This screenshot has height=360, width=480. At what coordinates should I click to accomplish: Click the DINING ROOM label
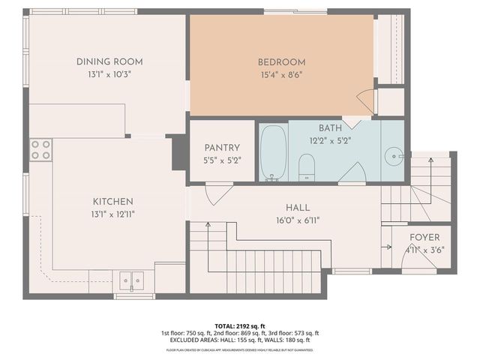[109, 61]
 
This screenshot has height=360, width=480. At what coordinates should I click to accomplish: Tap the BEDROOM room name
[281, 61]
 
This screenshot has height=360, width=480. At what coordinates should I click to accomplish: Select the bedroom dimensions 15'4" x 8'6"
[281, 74]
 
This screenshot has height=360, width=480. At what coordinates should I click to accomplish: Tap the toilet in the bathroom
[307, 166]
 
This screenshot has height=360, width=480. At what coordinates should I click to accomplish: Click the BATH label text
[330, 128]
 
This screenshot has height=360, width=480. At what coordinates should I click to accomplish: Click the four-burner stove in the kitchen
[41, 149]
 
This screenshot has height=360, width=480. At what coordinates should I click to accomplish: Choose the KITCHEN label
[113, 201]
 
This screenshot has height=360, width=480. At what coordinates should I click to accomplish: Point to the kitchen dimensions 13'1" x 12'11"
[113, 214]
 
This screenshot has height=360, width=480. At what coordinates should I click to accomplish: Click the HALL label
[298, 208]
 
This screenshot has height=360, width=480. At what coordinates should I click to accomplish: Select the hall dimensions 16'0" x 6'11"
[298, 220]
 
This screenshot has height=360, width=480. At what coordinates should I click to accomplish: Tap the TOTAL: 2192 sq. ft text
[239, 325]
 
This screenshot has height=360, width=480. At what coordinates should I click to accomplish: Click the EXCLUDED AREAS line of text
[239, 341]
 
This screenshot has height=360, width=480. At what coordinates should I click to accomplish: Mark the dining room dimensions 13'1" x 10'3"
[109, 74]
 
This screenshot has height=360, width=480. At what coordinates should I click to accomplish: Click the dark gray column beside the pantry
[179, 153]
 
